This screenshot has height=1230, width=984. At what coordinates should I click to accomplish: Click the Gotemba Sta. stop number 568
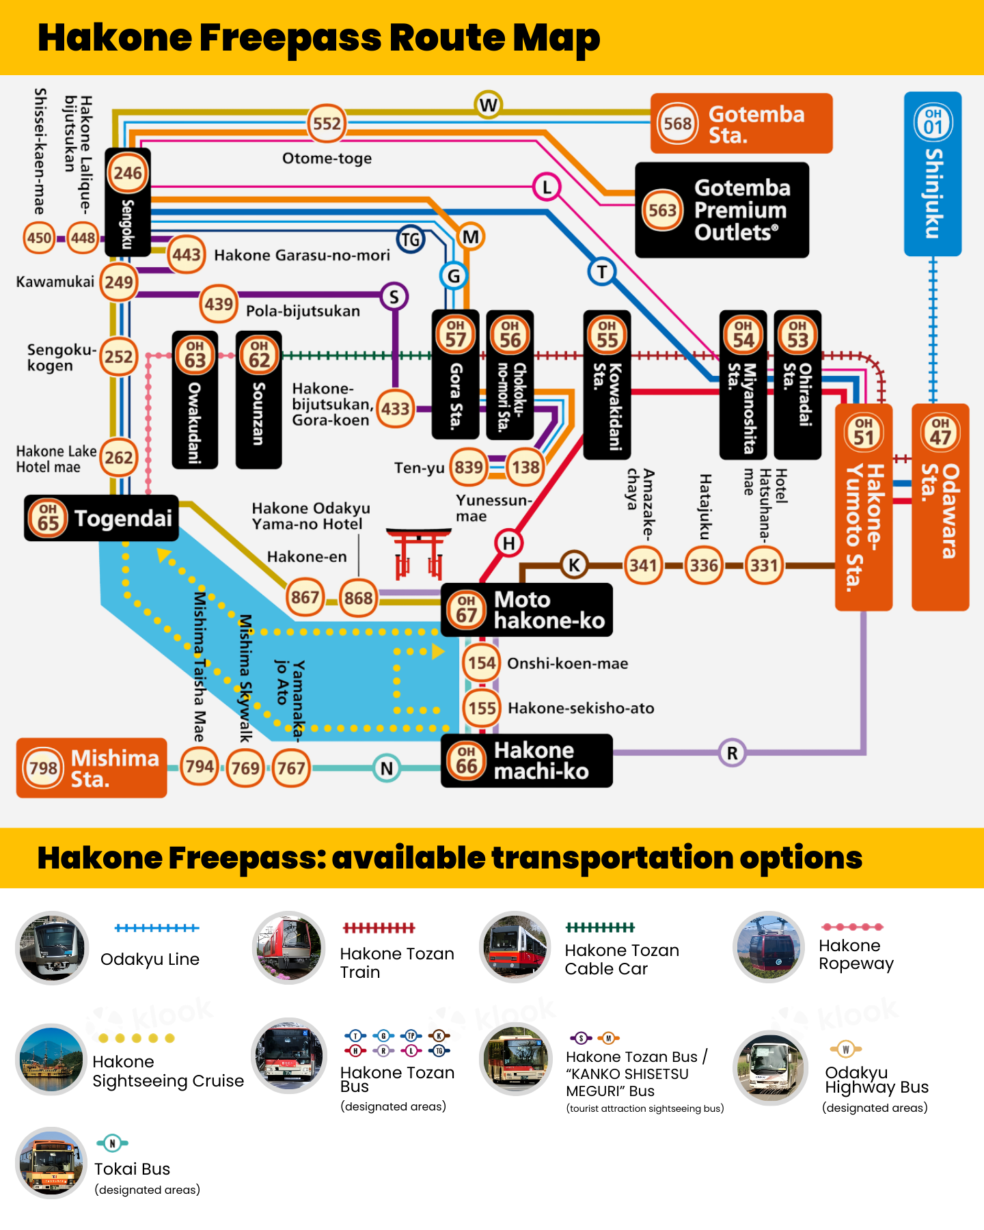click(x=677, y=124)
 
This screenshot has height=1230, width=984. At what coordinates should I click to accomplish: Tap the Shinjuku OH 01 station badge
click(x=933, y=122)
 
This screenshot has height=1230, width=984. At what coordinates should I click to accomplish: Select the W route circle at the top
click(x=488, y=105)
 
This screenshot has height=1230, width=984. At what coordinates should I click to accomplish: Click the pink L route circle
click(x=547, y=187)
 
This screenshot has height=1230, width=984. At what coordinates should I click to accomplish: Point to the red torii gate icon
click(x=418, y=553)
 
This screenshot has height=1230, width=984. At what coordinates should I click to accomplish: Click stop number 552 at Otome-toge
click(x=327, y=124)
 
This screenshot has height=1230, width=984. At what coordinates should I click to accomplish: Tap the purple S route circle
click(x=394, y=297)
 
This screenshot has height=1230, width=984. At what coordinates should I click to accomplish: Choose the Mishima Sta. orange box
click(x=92, y=768)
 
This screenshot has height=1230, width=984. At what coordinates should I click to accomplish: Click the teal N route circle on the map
click(x=387, y=768)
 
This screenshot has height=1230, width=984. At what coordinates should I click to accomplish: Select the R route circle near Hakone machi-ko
click(x=732, y=753)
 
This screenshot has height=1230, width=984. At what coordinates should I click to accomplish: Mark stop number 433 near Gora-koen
click(x=395, y=409)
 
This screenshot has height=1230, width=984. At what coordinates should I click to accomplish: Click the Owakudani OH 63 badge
click(x=195, y=355)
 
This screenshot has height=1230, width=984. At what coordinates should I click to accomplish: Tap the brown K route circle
click(x=574, y=565)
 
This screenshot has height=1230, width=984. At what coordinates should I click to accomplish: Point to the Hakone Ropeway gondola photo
click(x=769, y=947)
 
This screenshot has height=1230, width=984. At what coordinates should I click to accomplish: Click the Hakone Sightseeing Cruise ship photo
click(x=51, y=1059)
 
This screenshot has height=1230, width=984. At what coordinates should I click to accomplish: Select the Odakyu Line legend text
click(x=150, y=959)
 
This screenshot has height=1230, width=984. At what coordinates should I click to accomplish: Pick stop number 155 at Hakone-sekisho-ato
click(x=482, y=708)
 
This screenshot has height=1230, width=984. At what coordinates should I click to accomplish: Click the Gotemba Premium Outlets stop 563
click(x=662, y=210)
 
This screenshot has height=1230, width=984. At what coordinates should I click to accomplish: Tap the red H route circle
click(x=508, y=543)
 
